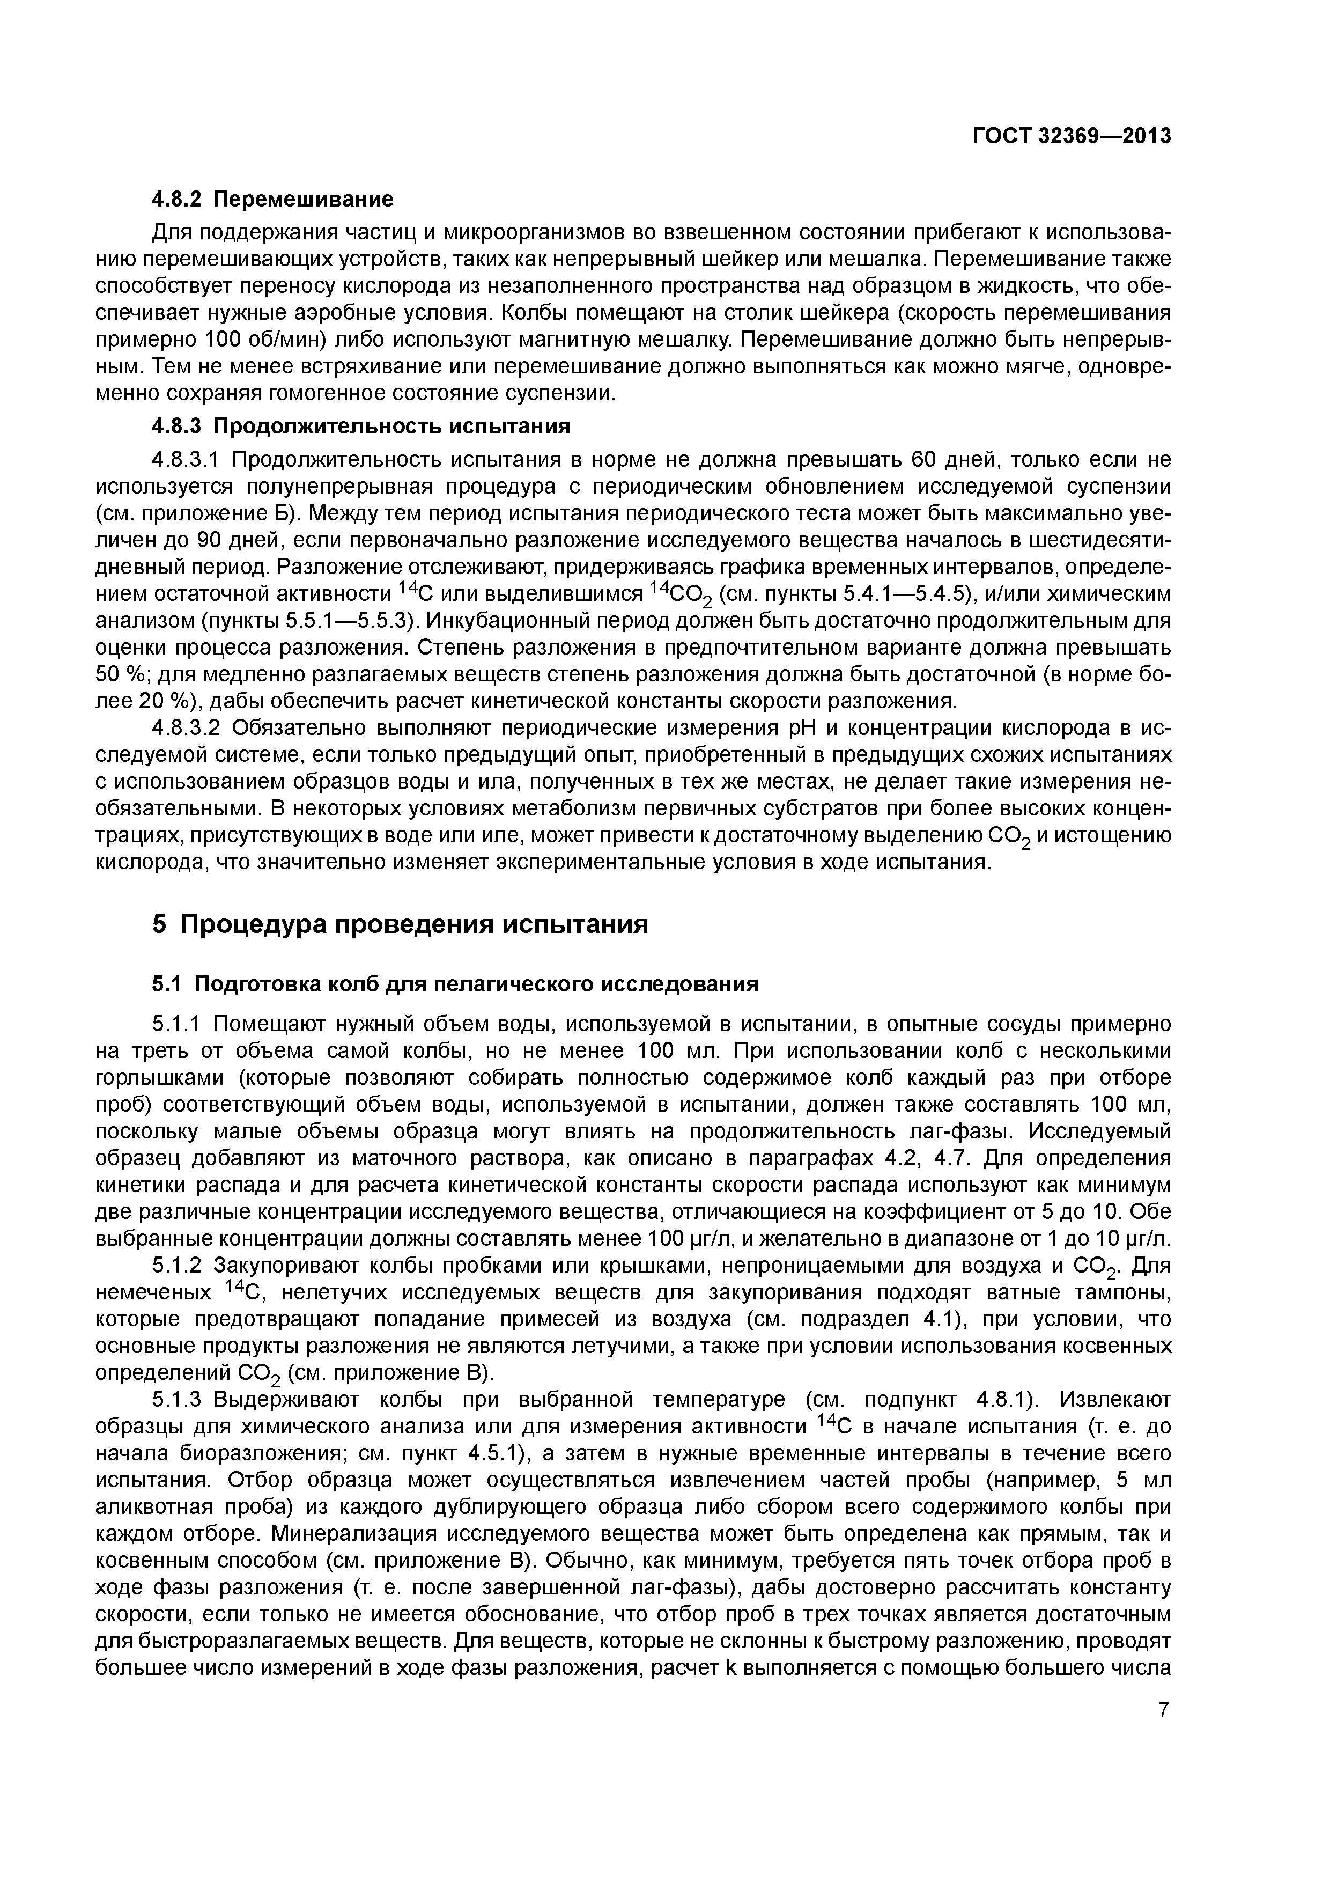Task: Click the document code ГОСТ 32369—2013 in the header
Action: tap(1072, 136)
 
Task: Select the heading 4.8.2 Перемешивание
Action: tap(273, 199)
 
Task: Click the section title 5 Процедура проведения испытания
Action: tap(400, 924)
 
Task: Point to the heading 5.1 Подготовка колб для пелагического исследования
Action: tap(455, 983)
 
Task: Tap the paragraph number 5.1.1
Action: tap(178, 1024)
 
